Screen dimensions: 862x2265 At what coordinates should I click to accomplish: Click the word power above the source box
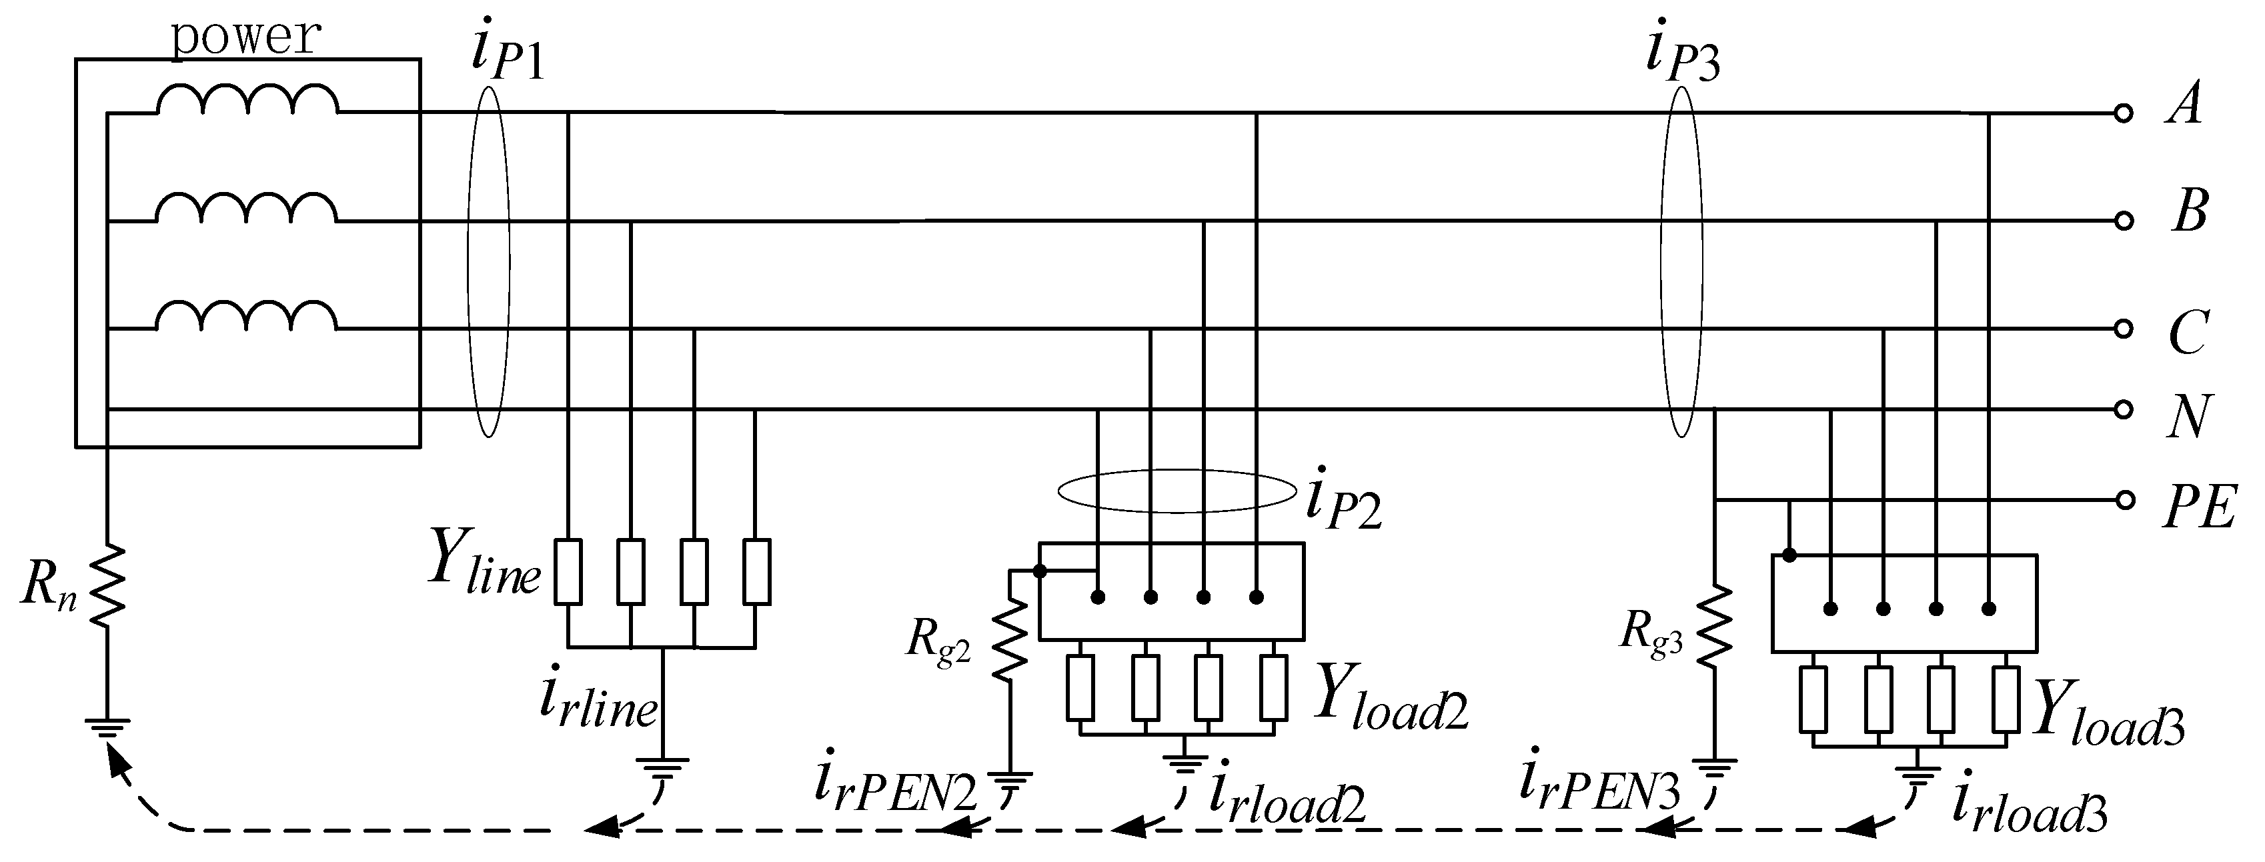(245, 37)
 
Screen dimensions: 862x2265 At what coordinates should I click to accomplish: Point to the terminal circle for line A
(2124, 113)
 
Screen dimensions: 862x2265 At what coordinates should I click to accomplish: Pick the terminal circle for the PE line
(2124, 501)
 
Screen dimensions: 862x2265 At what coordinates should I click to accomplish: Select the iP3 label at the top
(1681, 55)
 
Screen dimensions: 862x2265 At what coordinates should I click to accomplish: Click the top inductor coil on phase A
(246, 101)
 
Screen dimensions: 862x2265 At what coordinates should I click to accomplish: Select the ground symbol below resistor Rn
(107, 727)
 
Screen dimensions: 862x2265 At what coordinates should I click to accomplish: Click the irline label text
(598, 703)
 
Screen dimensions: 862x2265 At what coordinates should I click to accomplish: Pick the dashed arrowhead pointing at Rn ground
(117, 761)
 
